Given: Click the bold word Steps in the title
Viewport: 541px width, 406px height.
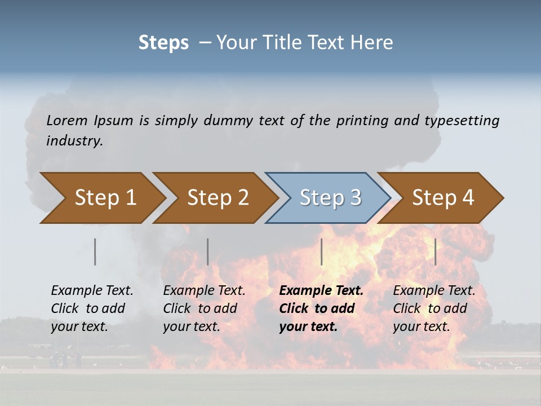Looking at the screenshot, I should pos(163,43).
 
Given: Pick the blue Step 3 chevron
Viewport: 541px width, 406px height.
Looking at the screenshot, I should pos(330,198).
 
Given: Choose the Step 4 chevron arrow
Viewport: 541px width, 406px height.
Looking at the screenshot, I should pos(442,198).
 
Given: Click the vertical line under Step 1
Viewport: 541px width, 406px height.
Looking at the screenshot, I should pos(95,251).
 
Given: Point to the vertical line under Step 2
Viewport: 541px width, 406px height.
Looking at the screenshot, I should pos(208,251).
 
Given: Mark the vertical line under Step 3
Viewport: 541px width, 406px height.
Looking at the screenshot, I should pos(321,251).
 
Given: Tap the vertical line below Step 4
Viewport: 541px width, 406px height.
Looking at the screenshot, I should pos(435,251).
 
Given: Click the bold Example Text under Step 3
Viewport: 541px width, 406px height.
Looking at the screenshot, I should pos(321,291).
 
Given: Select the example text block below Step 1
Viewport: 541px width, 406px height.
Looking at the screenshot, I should pos(92,308).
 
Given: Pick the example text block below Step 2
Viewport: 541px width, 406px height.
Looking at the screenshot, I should pos(204,308).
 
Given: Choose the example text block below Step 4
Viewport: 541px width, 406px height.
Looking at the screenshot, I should pos(434,308).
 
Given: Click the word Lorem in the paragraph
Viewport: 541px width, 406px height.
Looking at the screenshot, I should pos(67,120).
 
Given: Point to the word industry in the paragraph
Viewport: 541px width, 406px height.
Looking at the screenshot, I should pos(74,140).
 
